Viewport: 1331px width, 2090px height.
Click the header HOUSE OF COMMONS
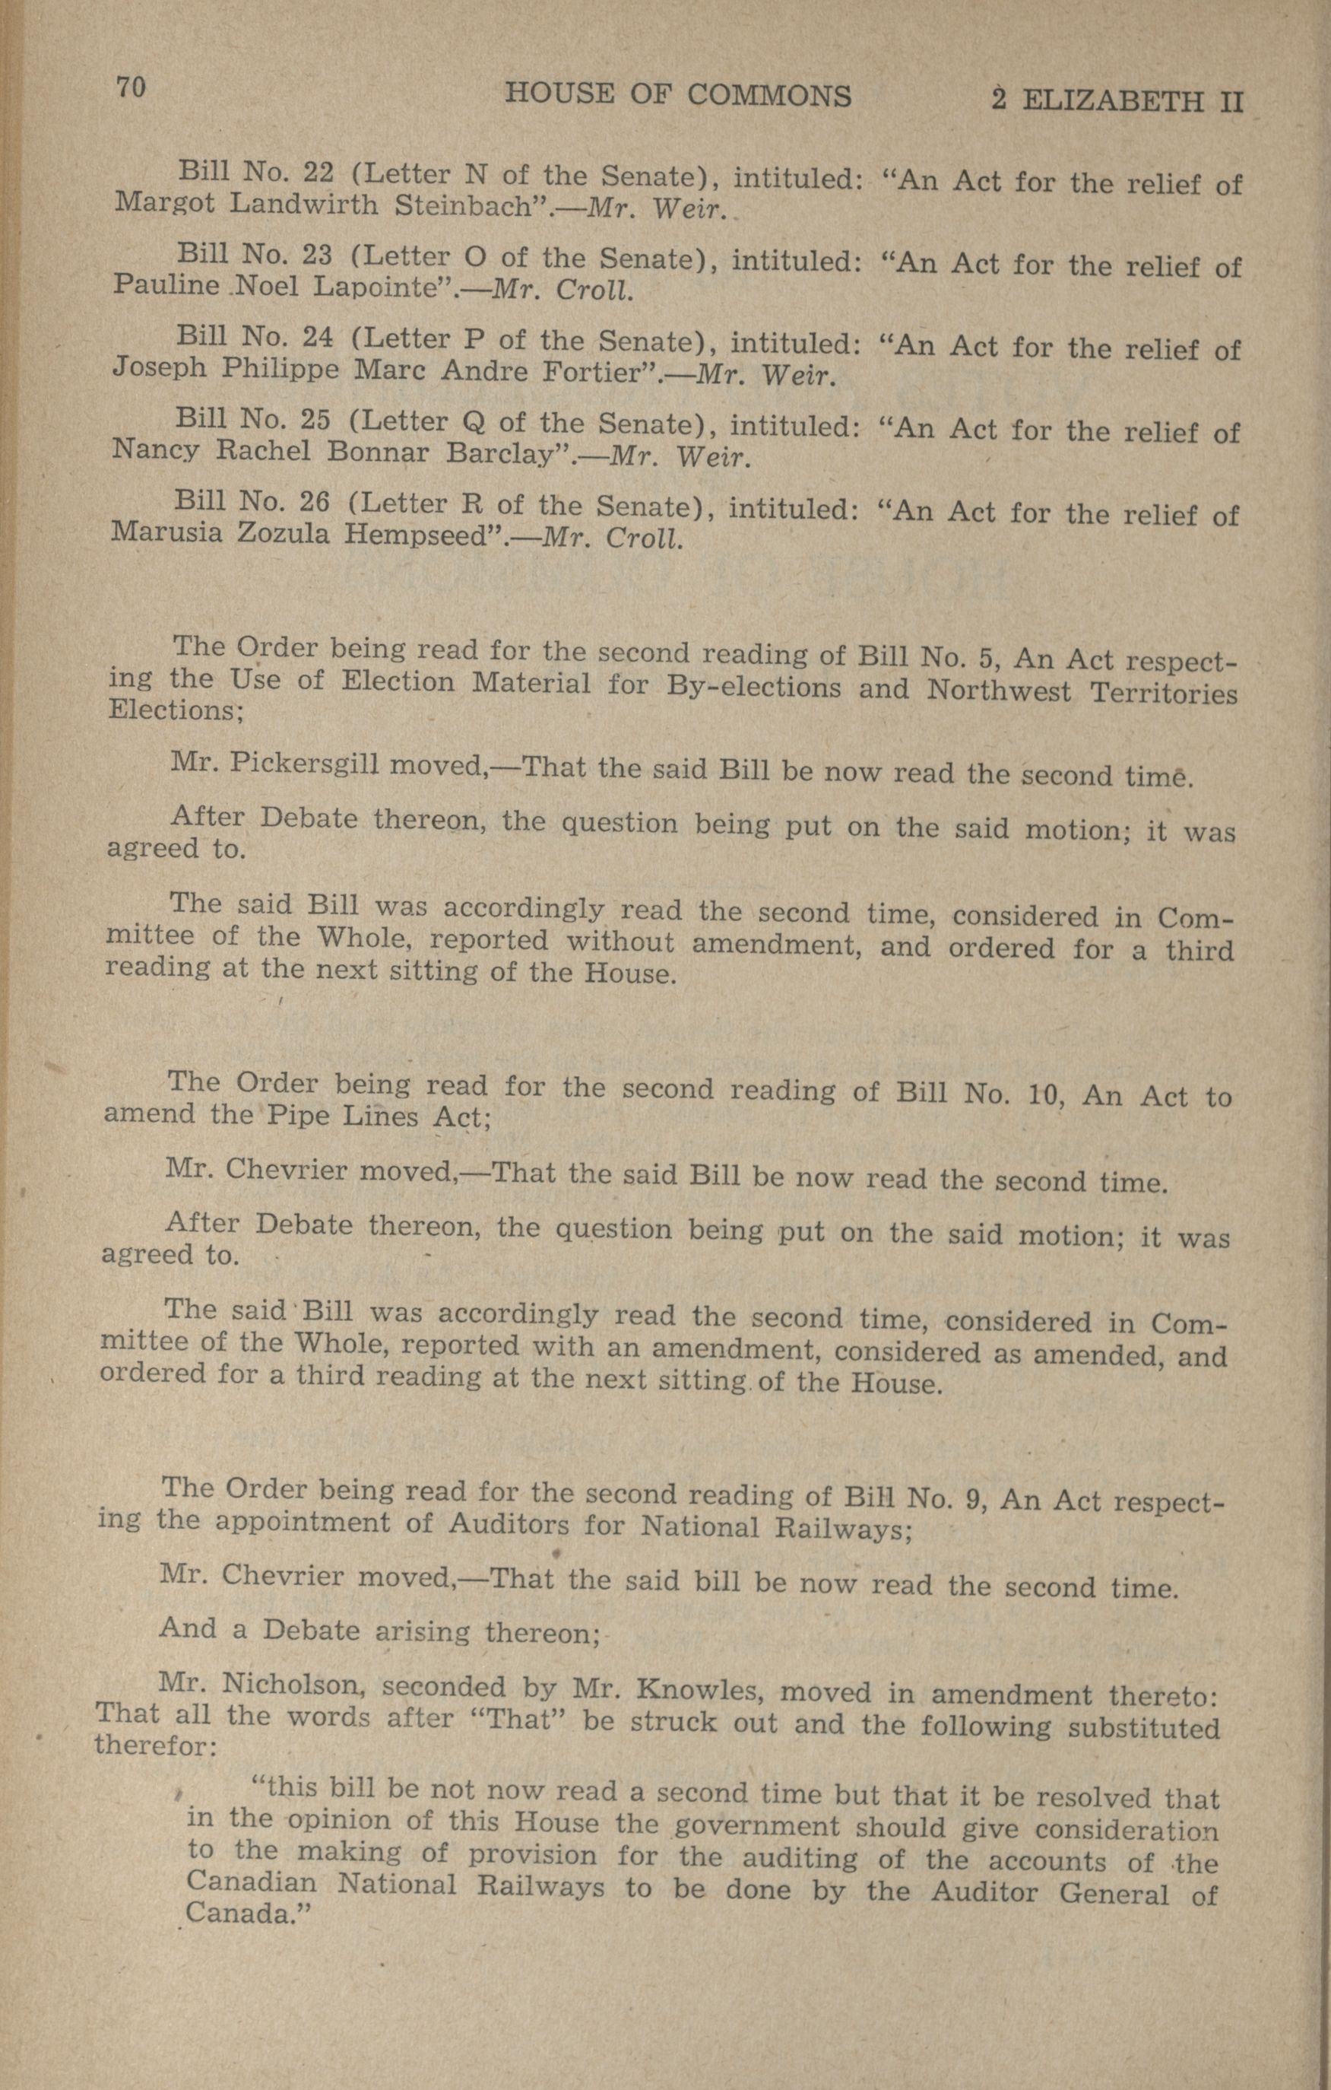(677, 96)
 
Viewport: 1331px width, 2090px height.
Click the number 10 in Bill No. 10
(1038, 1094)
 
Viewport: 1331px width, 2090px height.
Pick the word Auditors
(509, 1525)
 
